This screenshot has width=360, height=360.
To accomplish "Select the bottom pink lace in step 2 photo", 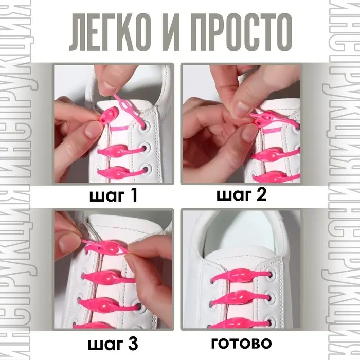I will coord(278,175).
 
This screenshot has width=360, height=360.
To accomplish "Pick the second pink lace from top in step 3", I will coord(111,278).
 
